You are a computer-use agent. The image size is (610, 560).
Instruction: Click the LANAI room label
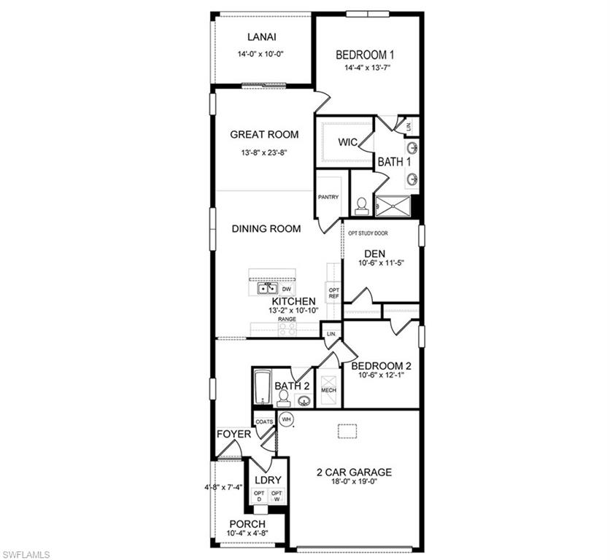tap(261, 37)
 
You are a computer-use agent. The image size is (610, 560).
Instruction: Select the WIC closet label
tap(347, 142)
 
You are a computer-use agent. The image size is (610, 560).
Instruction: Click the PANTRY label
tap(328, 197)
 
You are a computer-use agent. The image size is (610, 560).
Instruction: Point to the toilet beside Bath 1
tap(360, 206)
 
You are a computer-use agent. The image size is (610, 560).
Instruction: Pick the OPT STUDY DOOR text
tap(368, 234)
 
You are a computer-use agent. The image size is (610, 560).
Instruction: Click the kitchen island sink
tap(266, 289)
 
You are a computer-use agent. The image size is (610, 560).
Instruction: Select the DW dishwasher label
tap(287, 289)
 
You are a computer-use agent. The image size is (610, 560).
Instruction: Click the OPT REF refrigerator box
tap(333, 293)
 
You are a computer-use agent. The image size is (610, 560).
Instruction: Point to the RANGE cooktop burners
tap(287, 329)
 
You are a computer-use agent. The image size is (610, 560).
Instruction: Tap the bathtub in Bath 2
tap(262, 386)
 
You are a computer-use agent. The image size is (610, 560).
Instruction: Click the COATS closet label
tap(263, 421)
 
